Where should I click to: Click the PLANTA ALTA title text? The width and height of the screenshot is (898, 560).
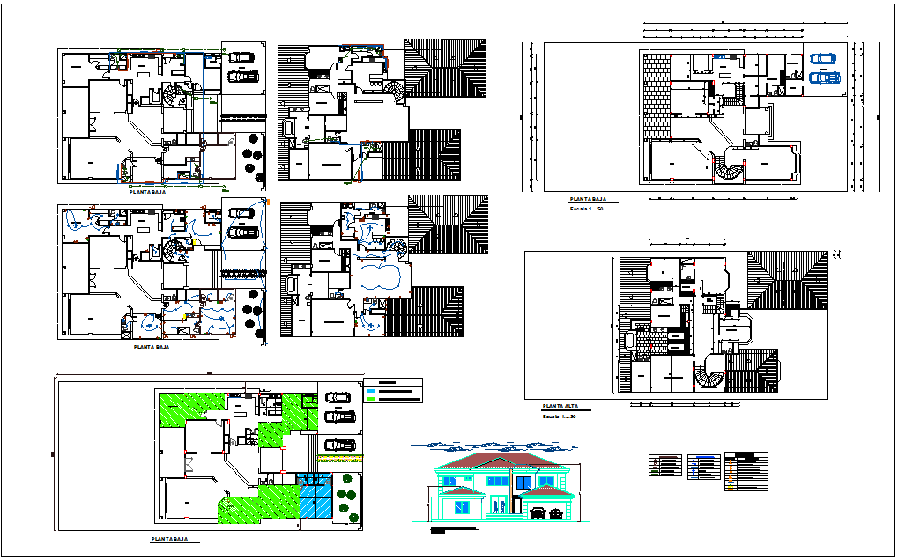(560, 406)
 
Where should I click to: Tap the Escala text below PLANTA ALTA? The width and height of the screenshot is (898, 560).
(559, 416)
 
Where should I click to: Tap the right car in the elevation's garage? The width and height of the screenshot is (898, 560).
(555, 512)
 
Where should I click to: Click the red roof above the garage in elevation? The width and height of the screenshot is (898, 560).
(546, 490)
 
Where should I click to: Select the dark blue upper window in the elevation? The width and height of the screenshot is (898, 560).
(523, 482)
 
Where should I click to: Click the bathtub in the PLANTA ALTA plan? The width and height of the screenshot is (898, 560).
(628, 340)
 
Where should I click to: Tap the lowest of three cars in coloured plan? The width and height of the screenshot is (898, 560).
(339, 444)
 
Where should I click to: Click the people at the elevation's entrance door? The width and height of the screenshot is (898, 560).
(499, 508)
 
